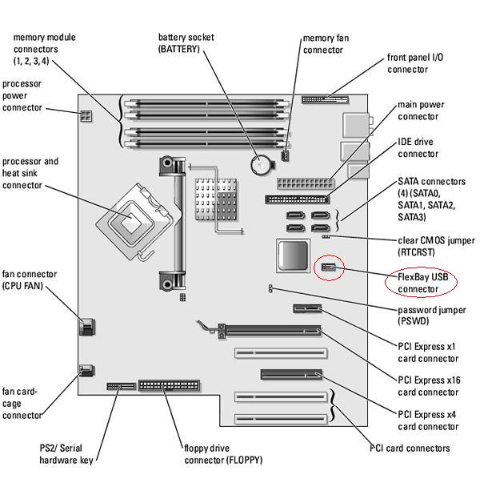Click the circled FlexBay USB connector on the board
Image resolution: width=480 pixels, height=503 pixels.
[x=328, y=268]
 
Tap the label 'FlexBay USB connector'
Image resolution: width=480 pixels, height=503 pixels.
[x=423, y=282]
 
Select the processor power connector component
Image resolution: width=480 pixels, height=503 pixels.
[x=86, y=116]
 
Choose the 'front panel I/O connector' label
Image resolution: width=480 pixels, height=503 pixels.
[x=417, y=63]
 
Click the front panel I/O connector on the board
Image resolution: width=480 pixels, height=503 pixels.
[x=326, y=100]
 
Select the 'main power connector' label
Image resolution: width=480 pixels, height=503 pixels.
[x=421, y=111]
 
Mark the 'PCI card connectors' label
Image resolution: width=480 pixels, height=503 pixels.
[x=410, y=448]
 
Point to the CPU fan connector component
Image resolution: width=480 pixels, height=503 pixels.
[x=87, y=326]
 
